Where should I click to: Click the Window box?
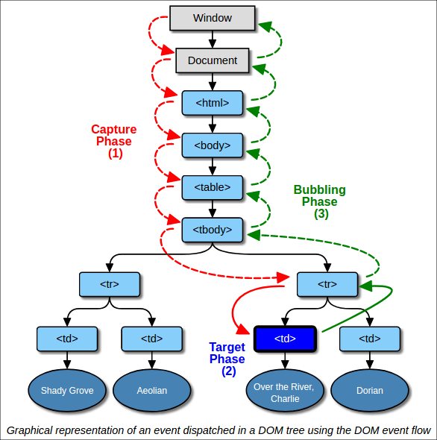pos(212,18)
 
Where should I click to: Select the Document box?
pos(212,60)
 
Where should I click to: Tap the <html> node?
pos(212,102)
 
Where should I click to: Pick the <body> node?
pos(212,145)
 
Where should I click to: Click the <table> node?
pos(212,187)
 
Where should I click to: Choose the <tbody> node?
pos(212,230)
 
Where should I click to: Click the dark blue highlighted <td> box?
pos(285,339)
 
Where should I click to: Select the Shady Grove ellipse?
pos(67,390)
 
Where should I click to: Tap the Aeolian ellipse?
pos(151,390)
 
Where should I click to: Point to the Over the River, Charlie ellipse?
pos(285,391)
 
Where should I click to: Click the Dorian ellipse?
pos(369,390)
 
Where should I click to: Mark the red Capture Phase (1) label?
pos(113,142)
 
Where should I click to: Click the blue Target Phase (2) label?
pos(227,359)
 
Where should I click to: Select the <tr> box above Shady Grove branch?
pos(110,284)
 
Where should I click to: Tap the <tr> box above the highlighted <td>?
pos(327,284)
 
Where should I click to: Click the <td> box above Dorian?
pos(370,339)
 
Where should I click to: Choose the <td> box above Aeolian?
pos(151,339)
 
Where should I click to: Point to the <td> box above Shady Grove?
pos(67,339)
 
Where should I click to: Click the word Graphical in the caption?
pos(30,430)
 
